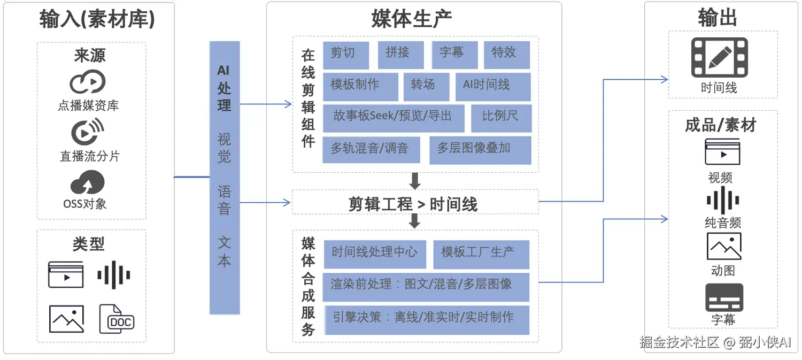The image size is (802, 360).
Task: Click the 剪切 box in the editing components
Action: pos(346,55)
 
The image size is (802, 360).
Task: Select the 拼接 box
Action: pos(400,55)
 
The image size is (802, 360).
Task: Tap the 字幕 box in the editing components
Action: pos(454,55)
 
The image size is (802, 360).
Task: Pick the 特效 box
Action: pos(506,55)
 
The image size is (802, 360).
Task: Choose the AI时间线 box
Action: pos(492,87)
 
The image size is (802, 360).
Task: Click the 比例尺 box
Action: pos(501,118)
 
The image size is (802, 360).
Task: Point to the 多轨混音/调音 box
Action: pos(371,149)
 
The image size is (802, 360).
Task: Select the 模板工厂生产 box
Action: pos(481,254)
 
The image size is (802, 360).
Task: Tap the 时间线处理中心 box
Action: pos(375,254)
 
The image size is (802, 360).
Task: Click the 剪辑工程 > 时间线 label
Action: pos(413,203)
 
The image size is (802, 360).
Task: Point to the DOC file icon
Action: pos(117,319)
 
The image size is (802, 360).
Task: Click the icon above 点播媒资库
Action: pos(88,82)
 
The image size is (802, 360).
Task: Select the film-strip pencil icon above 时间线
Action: pos(719,58)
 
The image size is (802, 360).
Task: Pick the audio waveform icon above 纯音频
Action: pos(723,200)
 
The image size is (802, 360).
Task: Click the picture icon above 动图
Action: pos(724,246)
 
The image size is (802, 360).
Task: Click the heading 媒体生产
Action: pos(412,20)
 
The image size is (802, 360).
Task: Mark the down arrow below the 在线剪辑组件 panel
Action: pos(414,180)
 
